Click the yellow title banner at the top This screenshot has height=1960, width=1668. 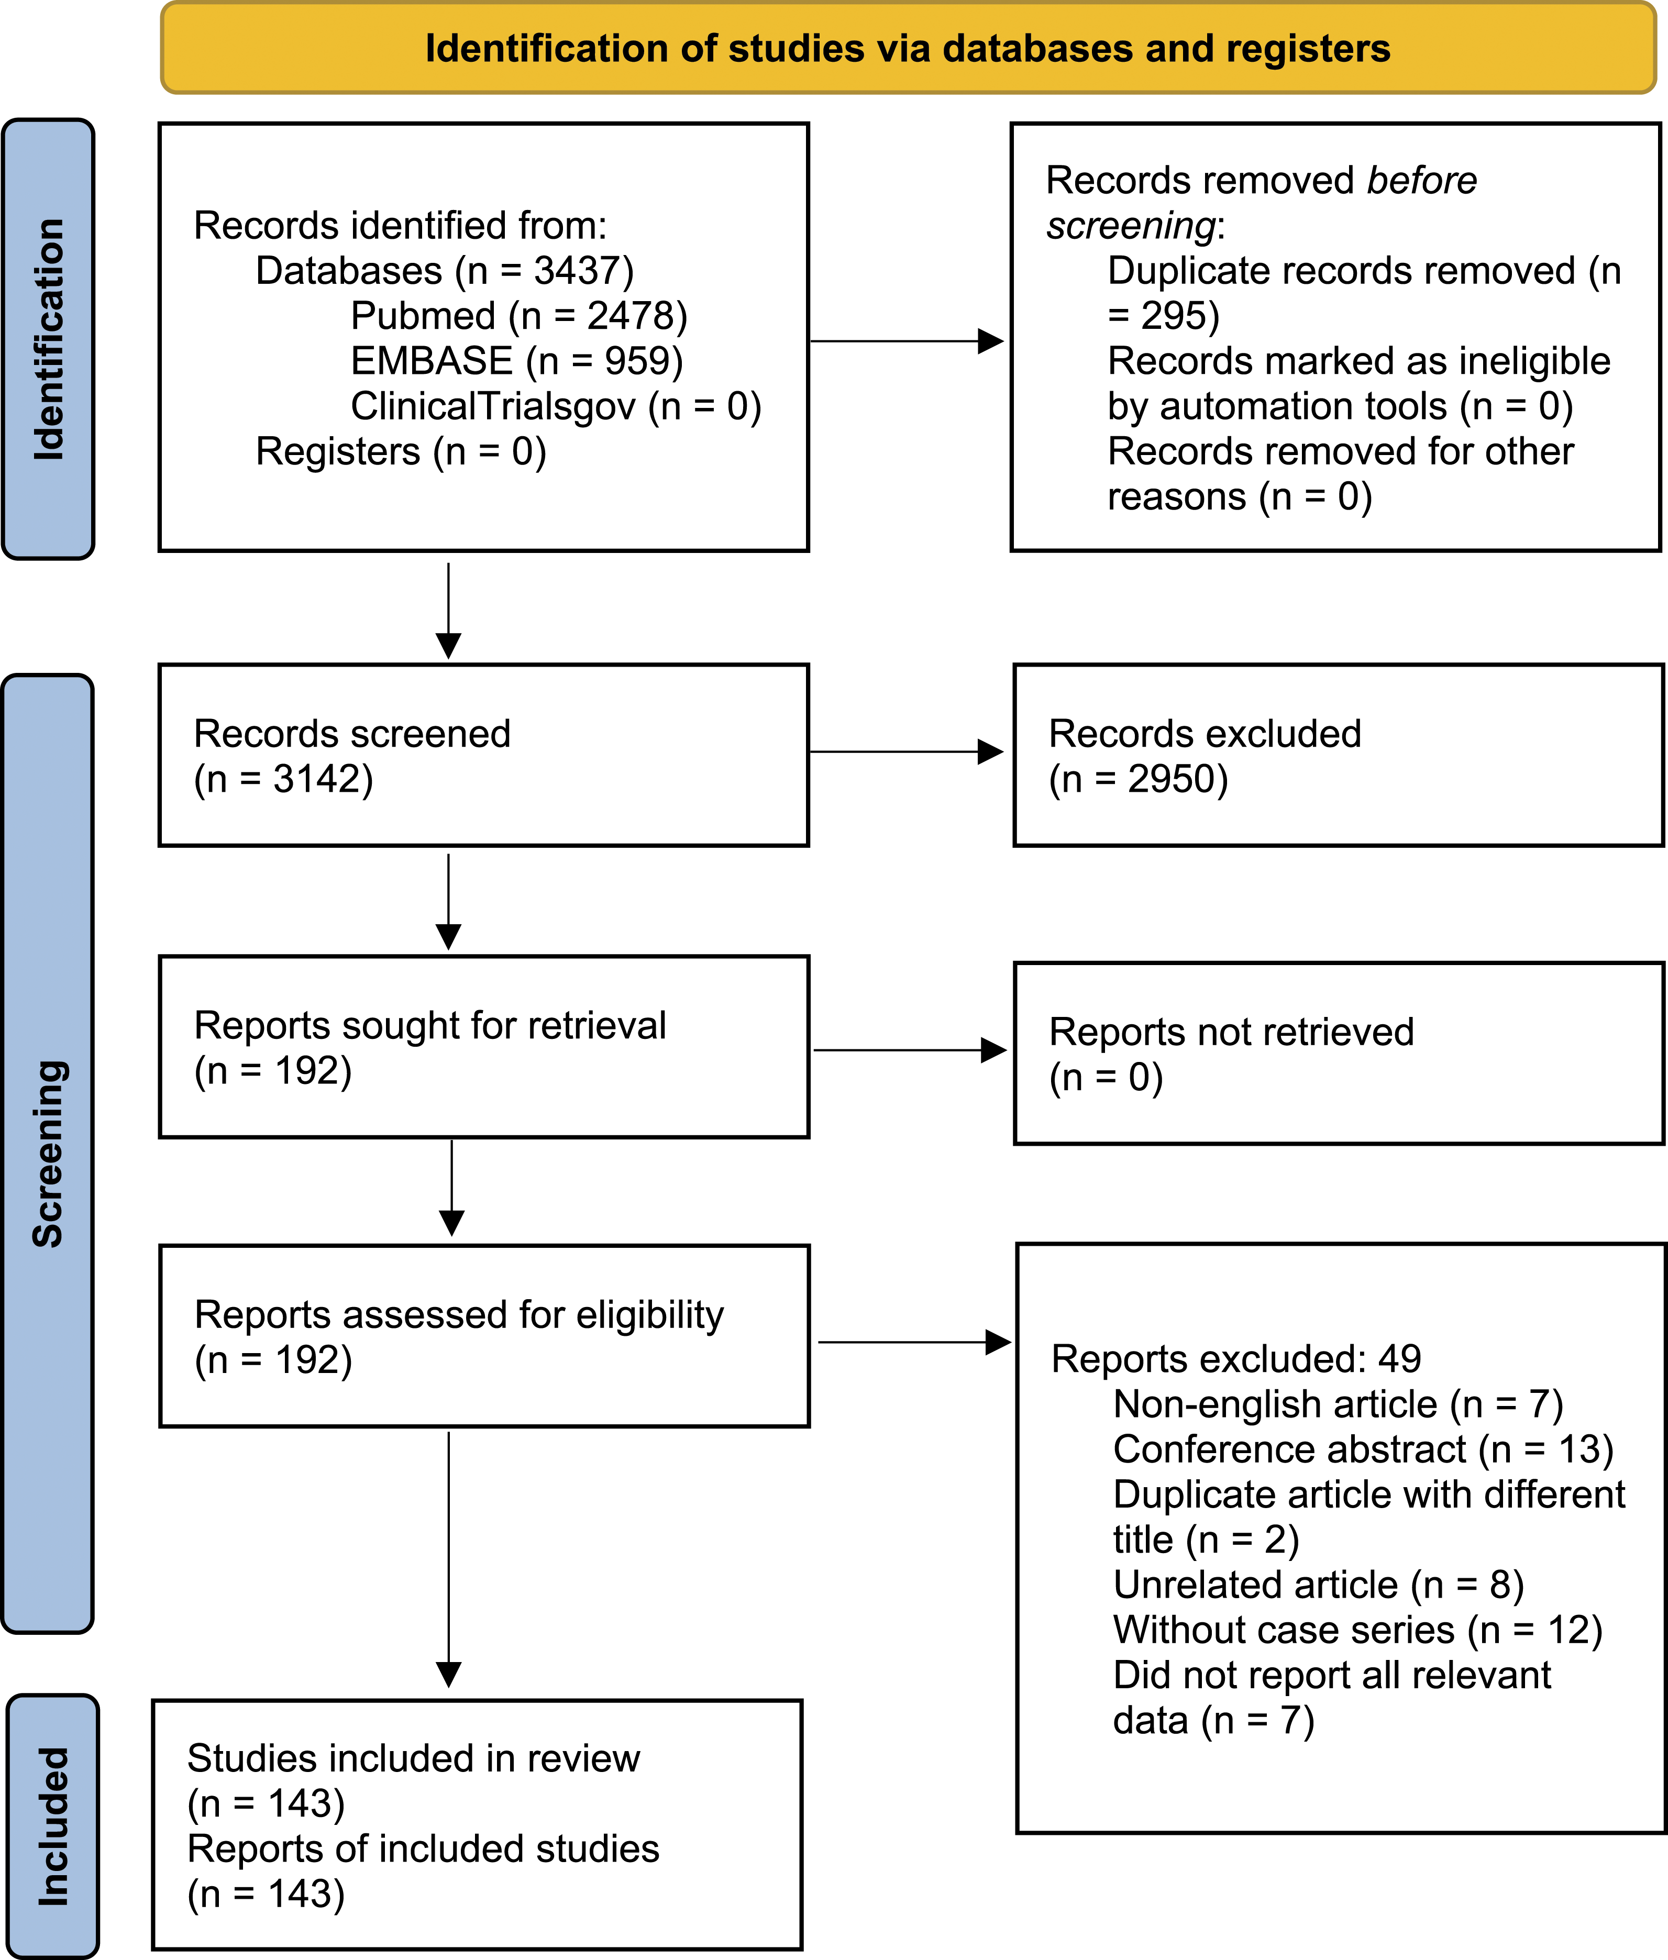(908, 47)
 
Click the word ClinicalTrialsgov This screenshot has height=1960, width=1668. (493, 406)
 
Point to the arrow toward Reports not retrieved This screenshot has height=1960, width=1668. (910, 1049)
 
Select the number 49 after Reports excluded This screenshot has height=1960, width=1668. (1399, 1359)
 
